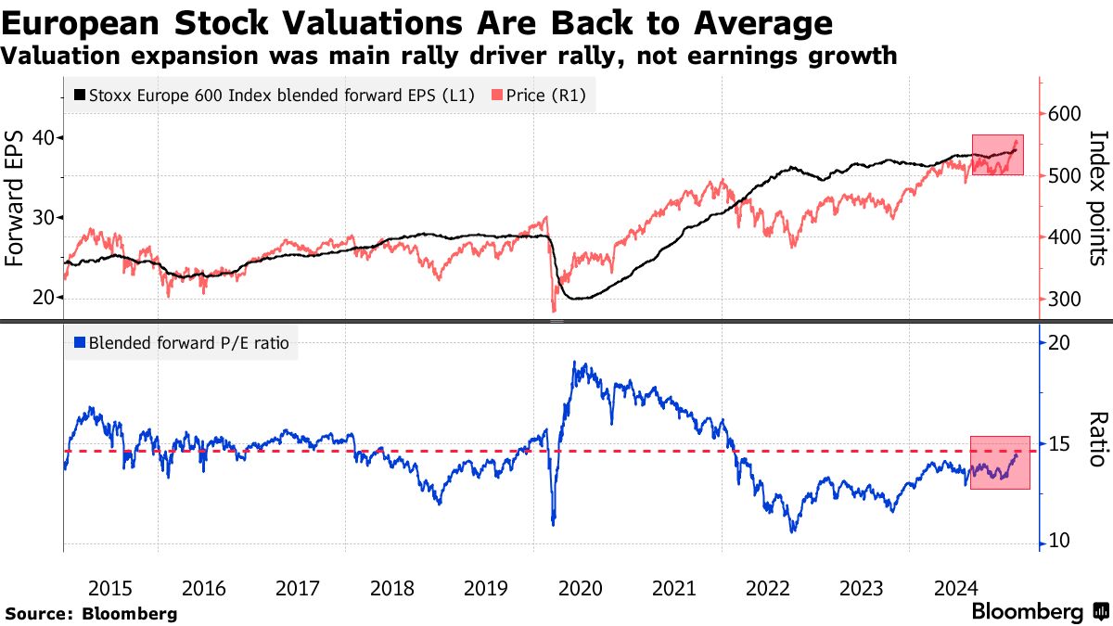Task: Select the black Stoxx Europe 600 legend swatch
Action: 79,95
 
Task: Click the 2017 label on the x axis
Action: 298,587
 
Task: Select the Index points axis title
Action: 1099,198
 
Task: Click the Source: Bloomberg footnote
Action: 91,613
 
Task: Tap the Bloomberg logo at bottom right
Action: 1039,612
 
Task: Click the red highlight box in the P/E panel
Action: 1000,462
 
